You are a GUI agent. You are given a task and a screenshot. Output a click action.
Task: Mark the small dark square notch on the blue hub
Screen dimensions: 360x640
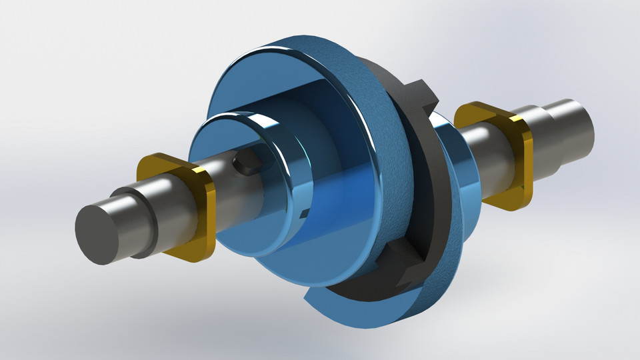(304, 213)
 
